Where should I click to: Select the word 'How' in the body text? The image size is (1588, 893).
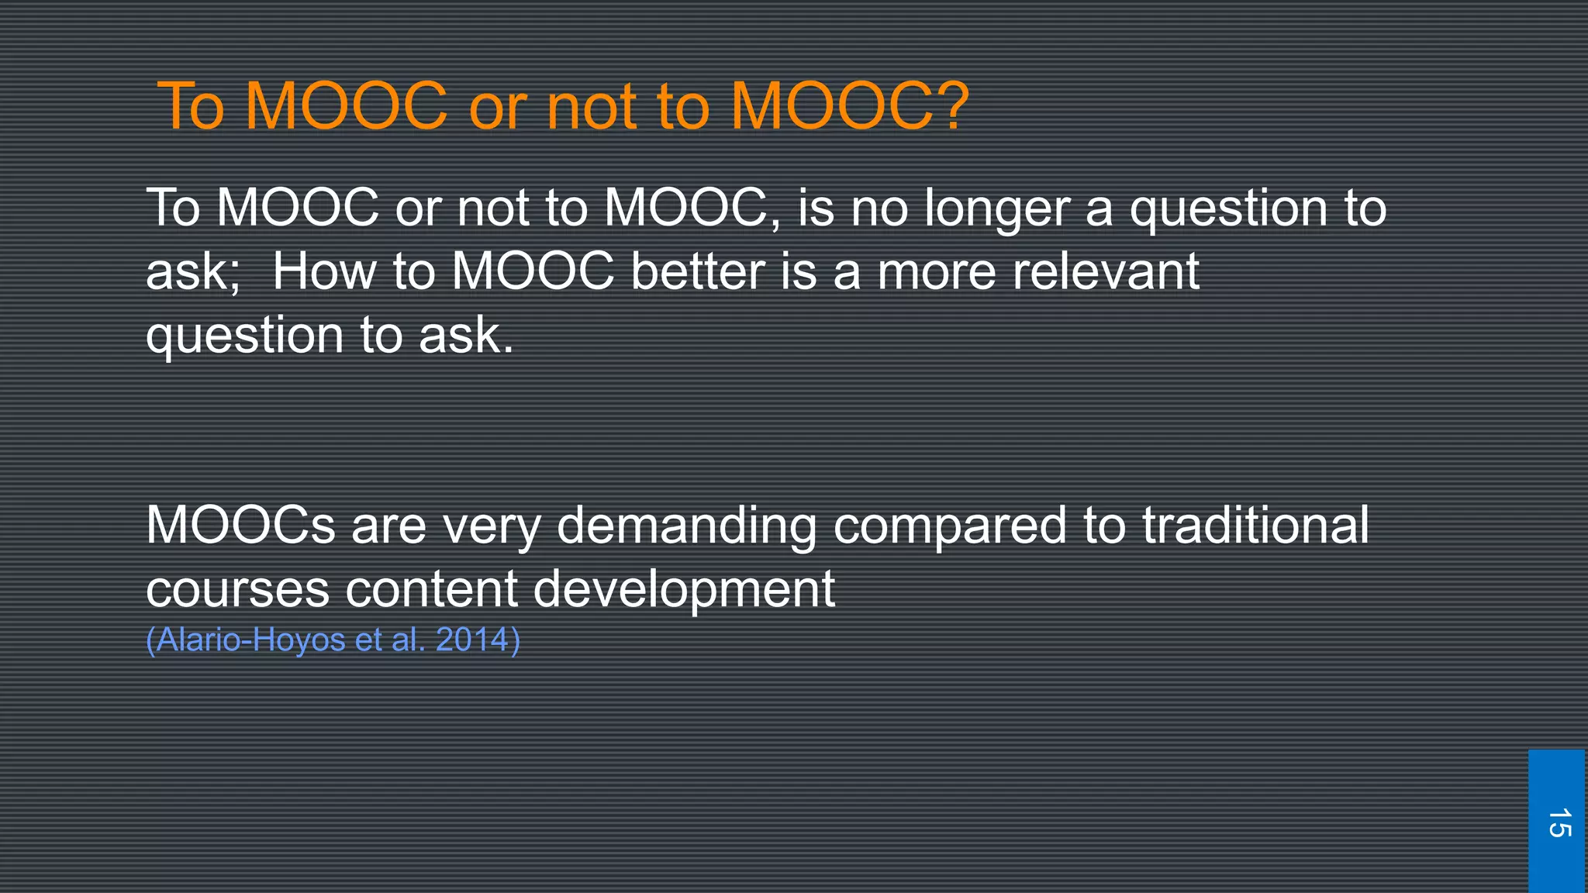(x=323, y=272)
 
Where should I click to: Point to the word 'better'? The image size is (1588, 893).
(x=697, y=272)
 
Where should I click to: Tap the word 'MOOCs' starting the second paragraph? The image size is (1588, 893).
(x=240, y=526)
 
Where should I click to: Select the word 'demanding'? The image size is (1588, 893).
(x=686, y=526)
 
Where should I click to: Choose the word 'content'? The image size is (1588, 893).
(x=430, y=589)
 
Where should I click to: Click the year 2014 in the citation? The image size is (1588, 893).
(x=471, y=640)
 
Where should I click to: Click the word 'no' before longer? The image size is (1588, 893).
(x=879, y=209)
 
